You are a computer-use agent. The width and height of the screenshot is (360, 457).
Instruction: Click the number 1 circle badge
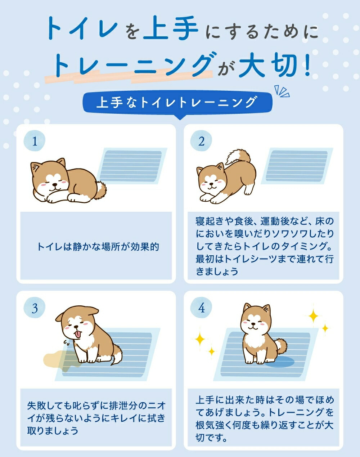pyautogui.click(x=35, y=141)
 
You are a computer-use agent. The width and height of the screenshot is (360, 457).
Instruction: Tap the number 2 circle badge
pyautogui.click(x=201, y=141)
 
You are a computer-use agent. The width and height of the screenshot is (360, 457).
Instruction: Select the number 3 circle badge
pyautogui.click(x=35, y=308)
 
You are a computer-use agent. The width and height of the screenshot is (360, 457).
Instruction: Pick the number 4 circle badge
pyautogui.click(x=201, y=308)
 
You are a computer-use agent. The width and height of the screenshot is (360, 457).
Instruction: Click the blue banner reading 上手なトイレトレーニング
pyautogui.click(x=177, y=102)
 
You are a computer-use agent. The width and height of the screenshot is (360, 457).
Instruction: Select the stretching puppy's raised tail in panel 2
pyautogui.click(x=239, y=157)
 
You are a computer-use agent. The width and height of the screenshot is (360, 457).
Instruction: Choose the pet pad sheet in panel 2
pyautogui.click(x=297, y=166)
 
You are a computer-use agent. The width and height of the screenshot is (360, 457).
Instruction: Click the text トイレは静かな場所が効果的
pyautogui.click(x=98, y=247)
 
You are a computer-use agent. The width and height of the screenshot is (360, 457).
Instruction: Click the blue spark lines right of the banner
pyautogui.click(x=282, y=91)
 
